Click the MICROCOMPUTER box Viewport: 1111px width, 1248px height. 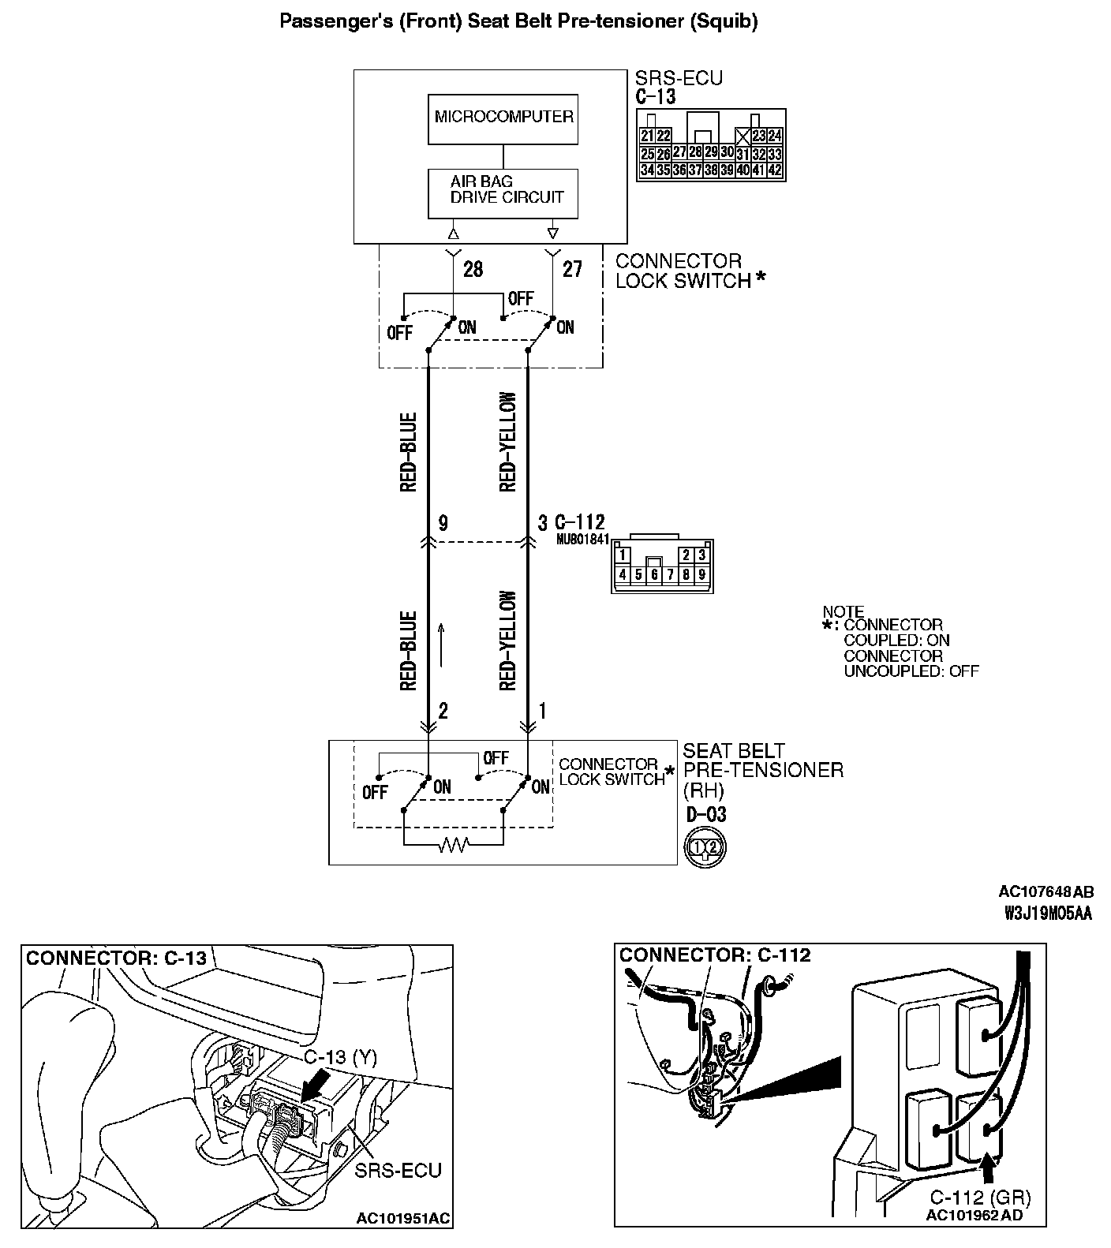(x=503, y=118)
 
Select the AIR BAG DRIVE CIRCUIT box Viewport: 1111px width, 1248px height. (x=503, y=192)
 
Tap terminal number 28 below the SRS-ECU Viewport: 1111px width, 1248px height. (x=473, y=270)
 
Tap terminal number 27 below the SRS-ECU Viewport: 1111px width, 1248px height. (x=572, y=270)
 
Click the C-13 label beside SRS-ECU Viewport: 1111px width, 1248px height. (x=655, y=97)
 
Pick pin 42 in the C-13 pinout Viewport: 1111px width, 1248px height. (x=774, y=170)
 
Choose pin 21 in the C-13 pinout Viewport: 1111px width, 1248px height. (x=647, y=136)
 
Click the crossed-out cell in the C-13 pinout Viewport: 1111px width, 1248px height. (x=742, y=136)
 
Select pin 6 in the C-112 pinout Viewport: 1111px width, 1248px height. (x=654, y=575)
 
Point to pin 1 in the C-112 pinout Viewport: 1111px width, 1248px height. (x=623, y=555)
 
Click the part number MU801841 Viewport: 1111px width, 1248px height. (x=582, y=540)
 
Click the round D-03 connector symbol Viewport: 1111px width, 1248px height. (x=704, y=847)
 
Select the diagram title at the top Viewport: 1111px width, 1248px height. (x=519, y=21)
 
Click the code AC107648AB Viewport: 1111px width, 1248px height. (x=1046, y=892)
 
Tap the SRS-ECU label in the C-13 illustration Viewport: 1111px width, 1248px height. (x=398, y=1168)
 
